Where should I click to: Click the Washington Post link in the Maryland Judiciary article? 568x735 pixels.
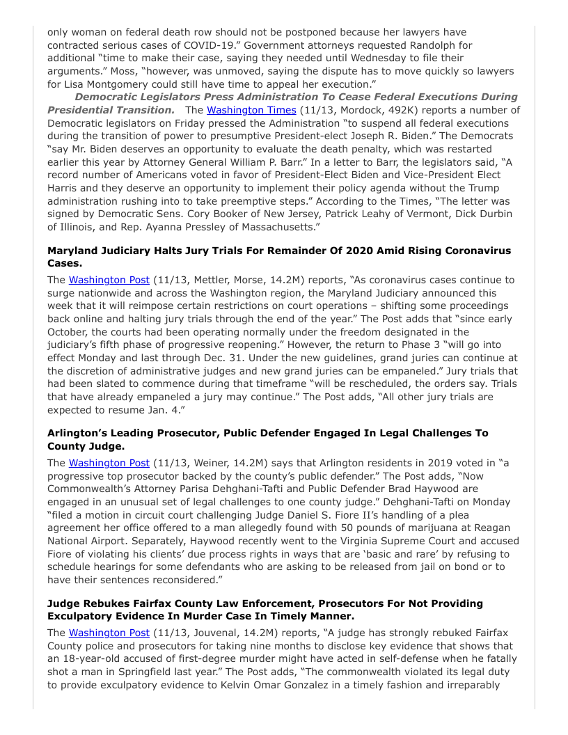(x=109, y=280)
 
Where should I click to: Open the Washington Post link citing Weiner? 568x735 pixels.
(x=109, y=462)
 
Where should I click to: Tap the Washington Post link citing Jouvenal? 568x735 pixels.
(x=109, y=633)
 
